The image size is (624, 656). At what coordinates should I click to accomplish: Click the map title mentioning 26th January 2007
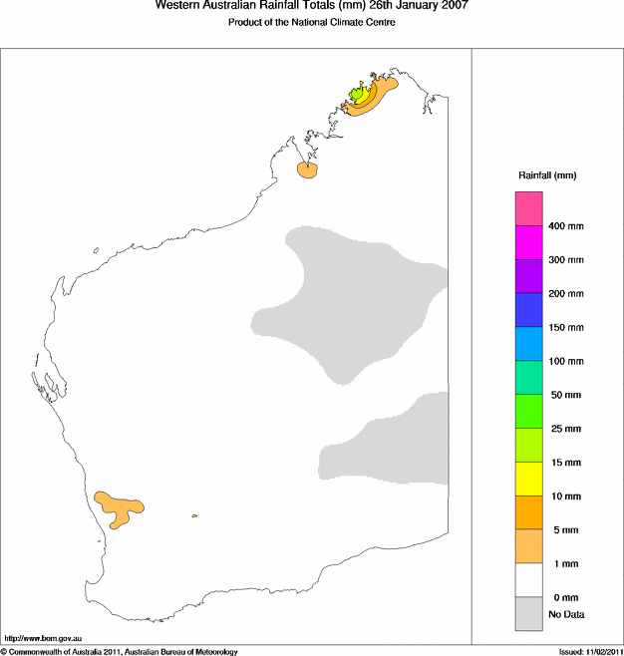[x=311, y=6]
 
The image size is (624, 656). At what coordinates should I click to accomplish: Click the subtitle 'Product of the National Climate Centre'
[x=311, y=23]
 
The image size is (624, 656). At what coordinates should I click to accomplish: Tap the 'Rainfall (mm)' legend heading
[x=546, y=175]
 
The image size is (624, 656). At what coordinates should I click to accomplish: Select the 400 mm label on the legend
[x=566, y=226]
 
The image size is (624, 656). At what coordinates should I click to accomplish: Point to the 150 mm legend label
[x=566, y=327]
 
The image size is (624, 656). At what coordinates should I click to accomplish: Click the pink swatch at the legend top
[x=528, y=208]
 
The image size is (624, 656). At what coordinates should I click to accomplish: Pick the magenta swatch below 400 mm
[x=528, y=242]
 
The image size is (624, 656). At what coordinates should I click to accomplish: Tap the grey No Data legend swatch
[x=528, y=613]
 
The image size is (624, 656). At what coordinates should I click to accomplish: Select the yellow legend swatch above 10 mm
[x=528, y=479]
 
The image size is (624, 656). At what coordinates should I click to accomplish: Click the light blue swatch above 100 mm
[x=528, y=344]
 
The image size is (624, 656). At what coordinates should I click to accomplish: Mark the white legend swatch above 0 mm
[x=528, y=579]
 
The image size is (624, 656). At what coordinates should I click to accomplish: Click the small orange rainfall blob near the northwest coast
[x=307, y=170]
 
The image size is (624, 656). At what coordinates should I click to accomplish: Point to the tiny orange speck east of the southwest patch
[x=194, y=515]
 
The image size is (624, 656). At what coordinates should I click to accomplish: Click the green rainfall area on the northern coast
[x=358, y=97]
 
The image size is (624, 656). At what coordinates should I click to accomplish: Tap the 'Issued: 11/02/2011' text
[x=589, y=651]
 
